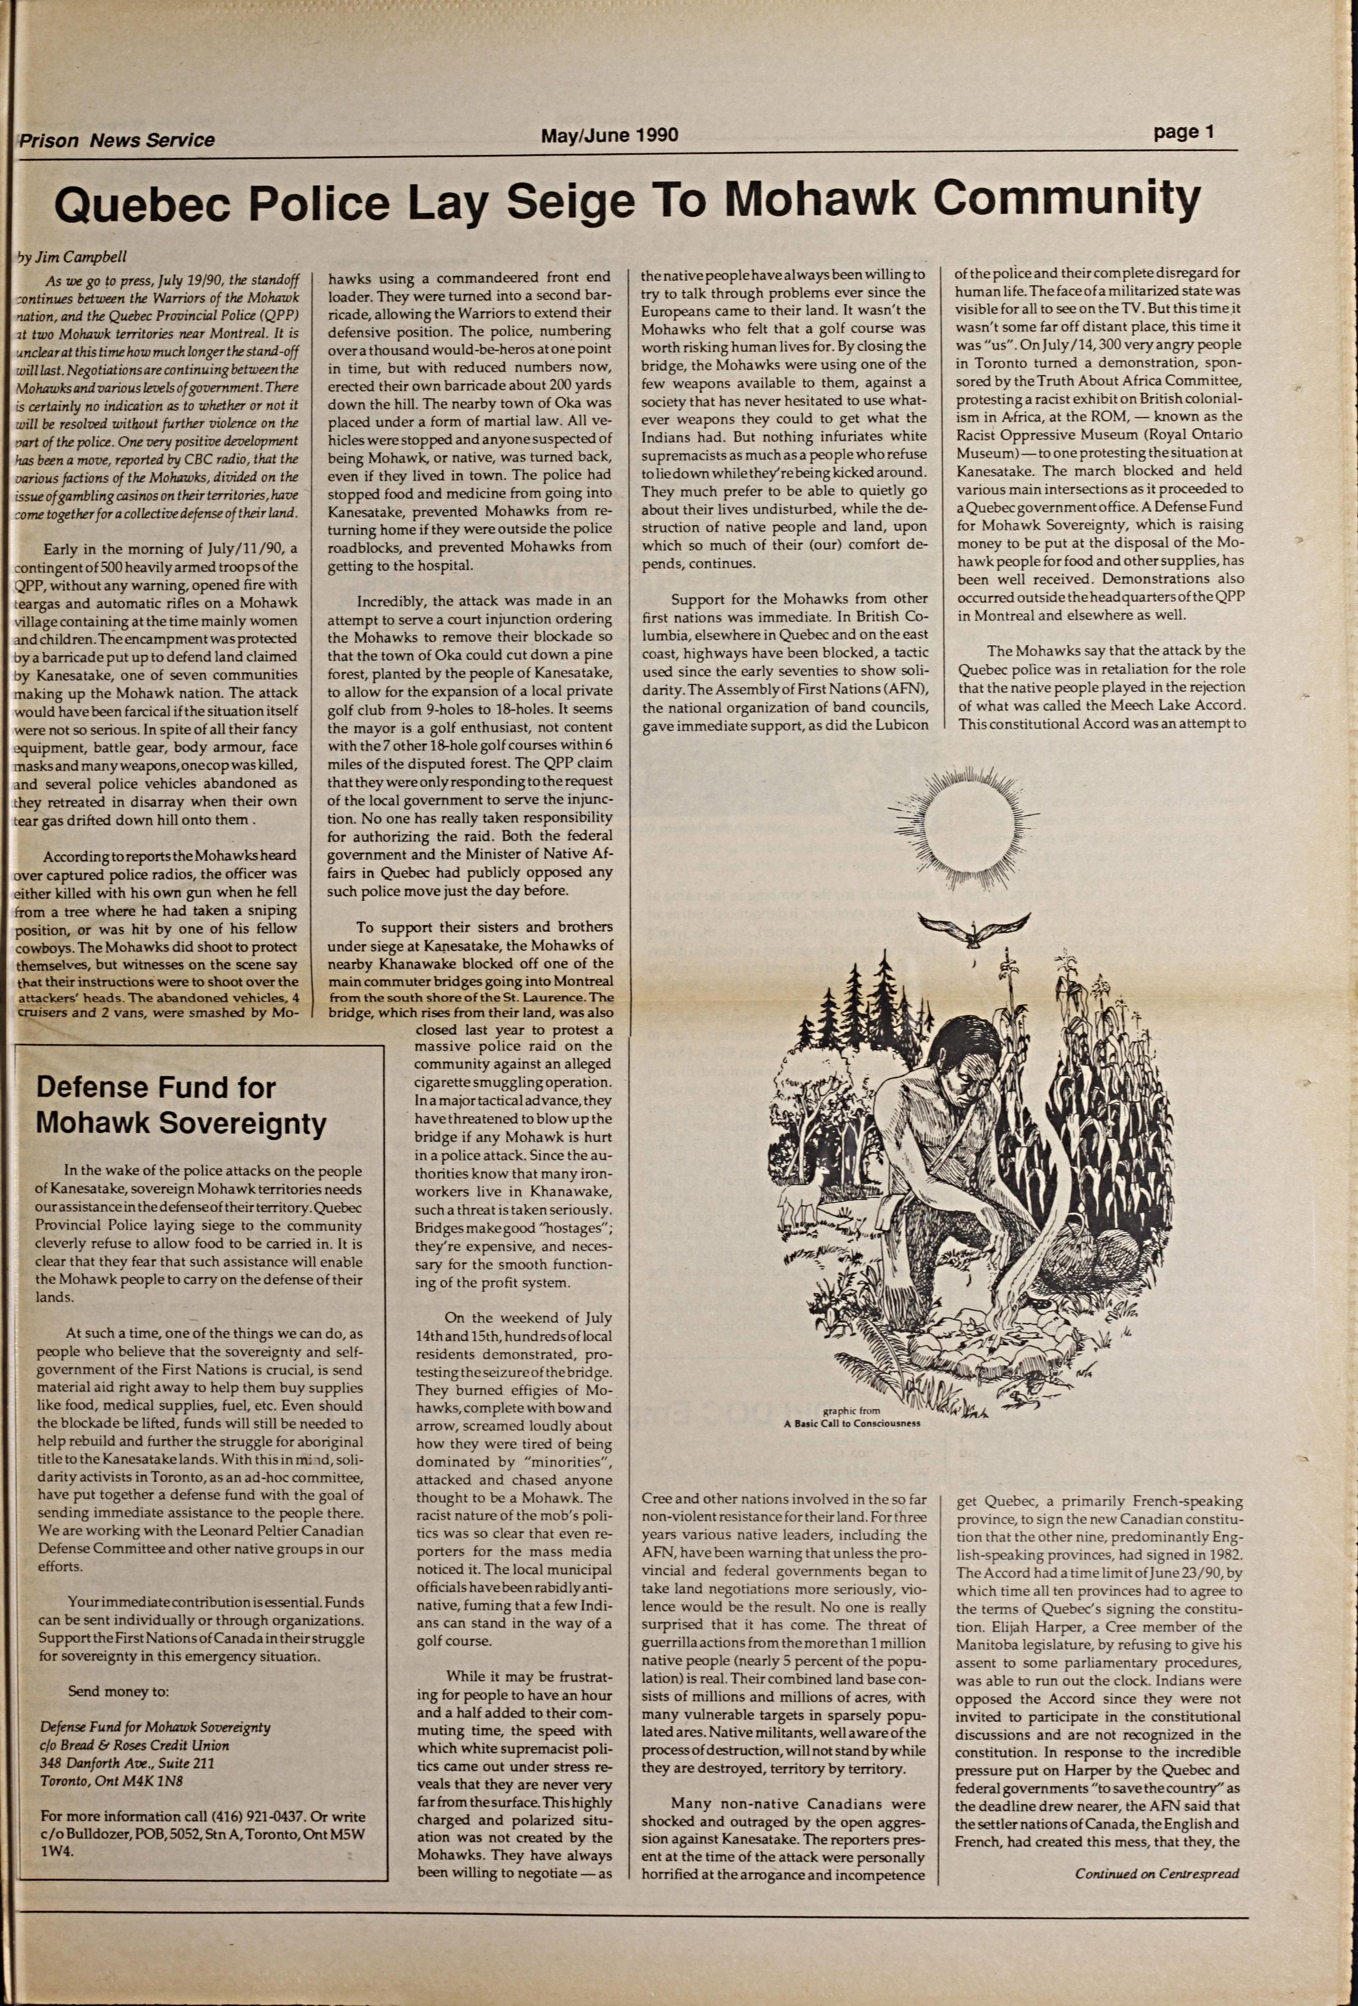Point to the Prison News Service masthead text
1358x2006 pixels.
click(116, 140)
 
